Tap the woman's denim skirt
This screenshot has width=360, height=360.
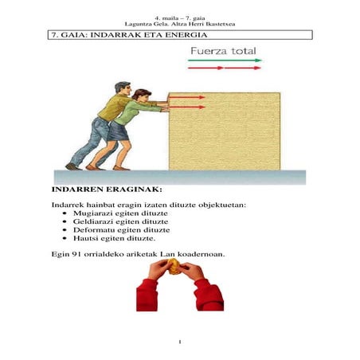click(x=120, y=131)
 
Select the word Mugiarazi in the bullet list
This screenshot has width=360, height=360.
click(x=90, y=216)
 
